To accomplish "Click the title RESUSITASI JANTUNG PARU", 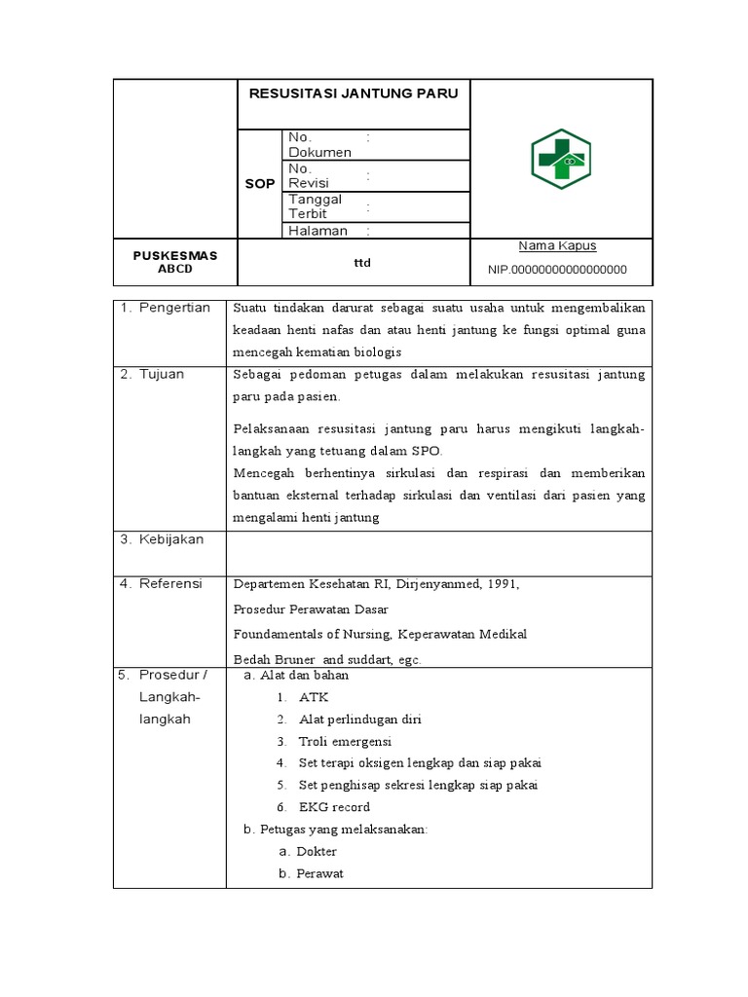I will click(354, 94).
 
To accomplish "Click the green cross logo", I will click(560, 159).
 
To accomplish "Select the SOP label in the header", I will click(259, 183).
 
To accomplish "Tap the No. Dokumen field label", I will click(319, 145).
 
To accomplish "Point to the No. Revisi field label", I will click(309, 175).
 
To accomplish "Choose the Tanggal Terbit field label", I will click(315, 205).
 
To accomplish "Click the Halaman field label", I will click(318, 231).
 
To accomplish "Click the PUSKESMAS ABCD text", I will click(175, 262).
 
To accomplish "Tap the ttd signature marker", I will click(361, 263).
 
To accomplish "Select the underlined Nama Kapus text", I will click(557, 246).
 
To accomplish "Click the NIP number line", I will click(557, 270).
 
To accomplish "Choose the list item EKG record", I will click(334, 807).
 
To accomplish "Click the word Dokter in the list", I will click(317, 851).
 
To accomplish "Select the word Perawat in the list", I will click(319, 873).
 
